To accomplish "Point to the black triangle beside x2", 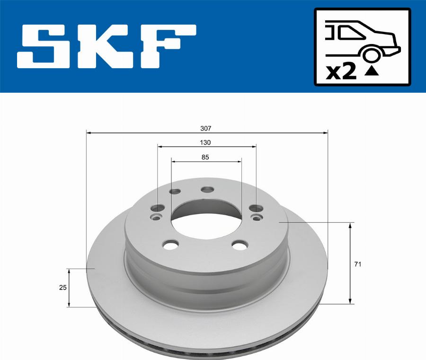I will click(373, 71).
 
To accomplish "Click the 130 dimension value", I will click(205, 142).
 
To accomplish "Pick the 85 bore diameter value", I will click(205, 157).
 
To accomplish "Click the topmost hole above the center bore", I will click(207, 190).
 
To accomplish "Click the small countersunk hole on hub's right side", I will click(257, 217).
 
